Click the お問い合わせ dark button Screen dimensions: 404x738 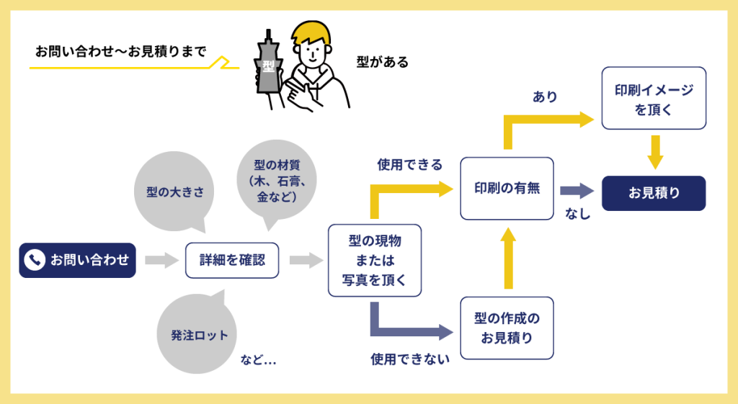pos(77,260)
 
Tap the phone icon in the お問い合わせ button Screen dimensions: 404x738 pos(34,260)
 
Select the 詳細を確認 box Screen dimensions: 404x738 pos(232,260)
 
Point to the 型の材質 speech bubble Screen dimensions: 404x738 pos(270,180)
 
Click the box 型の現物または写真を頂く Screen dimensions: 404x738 pos(374,260)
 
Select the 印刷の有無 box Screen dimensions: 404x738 pos(507,188)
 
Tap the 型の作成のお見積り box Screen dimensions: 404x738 pos(507,328)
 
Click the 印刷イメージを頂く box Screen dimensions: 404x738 pos(653,99)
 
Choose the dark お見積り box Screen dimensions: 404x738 pos(653,193)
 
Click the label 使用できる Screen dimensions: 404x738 pos(409,165)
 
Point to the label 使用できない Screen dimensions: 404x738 pos(410,358)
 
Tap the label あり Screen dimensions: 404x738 pos(545,96)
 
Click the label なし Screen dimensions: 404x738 pos(578,213)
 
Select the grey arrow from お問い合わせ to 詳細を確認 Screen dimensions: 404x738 pos(161,260)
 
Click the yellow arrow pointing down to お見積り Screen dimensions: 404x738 pos(654,152)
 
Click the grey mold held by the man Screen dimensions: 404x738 pos(269,68)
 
